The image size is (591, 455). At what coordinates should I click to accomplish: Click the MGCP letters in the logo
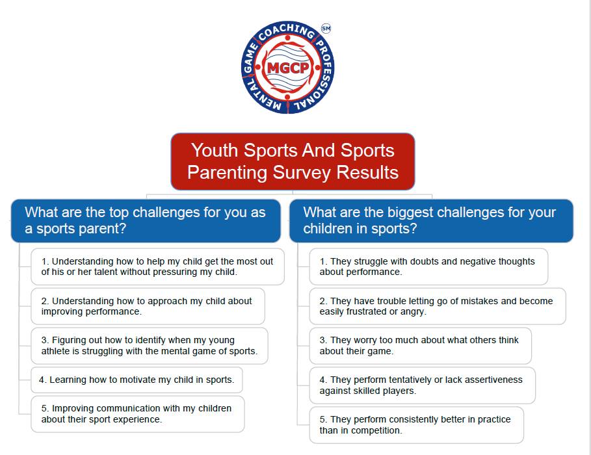pyautogui.click(x=288, y=68)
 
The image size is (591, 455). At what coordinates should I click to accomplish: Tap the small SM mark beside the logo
pyautogui.click(x=326, y=28)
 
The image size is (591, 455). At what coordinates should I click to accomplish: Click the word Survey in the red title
pyautogui.click(x=301, y=172)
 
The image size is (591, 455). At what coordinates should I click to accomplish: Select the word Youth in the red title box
pyautogui.click(x=215, y=150)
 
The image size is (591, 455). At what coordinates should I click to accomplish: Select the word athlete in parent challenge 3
pyautogui.click(x=55, y=351)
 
